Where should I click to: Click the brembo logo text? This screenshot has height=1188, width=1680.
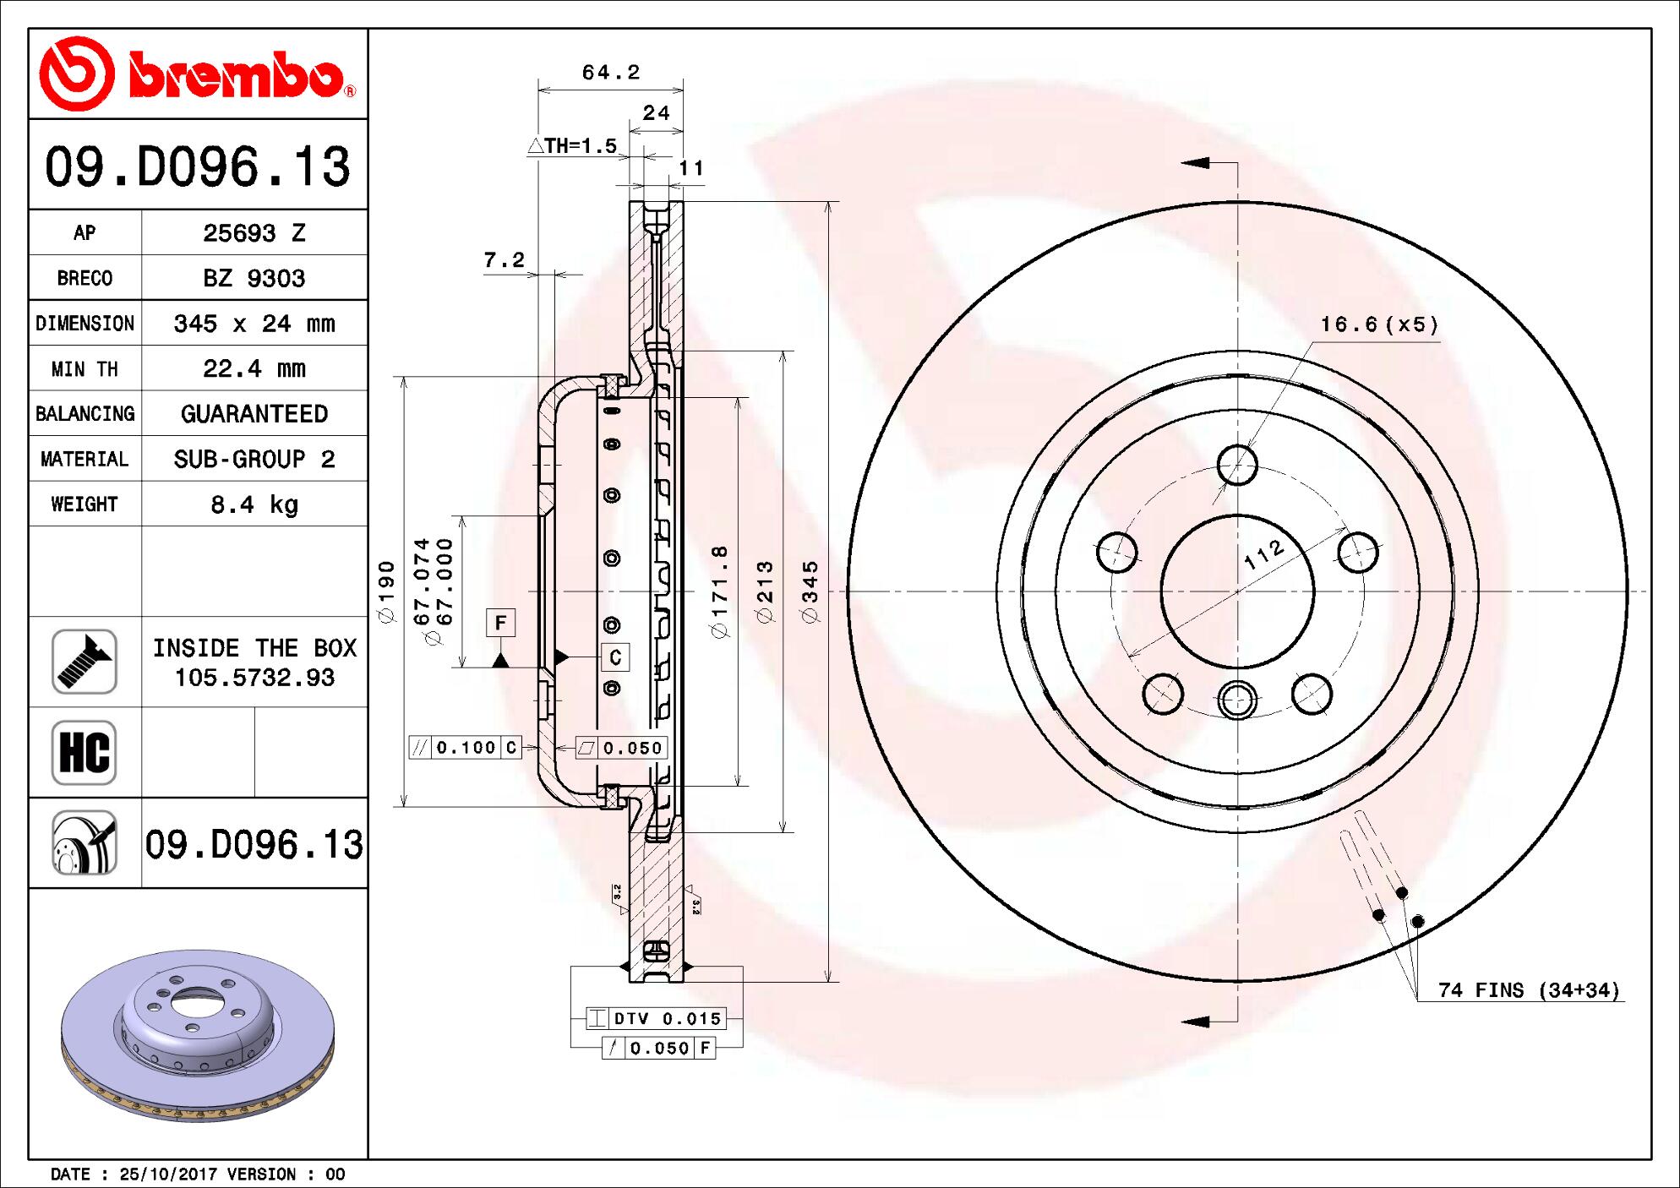pyautogui.click(x=237, y=79)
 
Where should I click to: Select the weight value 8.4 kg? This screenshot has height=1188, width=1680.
pyautogui.click(x=254, y=504)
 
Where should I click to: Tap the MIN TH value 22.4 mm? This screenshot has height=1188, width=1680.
pyautogui.click(x=254, y=368)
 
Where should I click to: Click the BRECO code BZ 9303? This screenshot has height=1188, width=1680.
pyautogui.click(x=254, y=278)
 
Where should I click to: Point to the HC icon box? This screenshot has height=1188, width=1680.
pyautogui.click(x=85, y=752)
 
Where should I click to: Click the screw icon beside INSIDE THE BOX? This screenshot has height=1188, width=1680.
pyautogui.click(x=85, y=662)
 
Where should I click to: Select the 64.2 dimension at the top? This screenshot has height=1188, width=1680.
pyautogui.click(x=610, y=73)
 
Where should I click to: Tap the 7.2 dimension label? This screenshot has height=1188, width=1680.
pyautogui.click(x=505, y=260)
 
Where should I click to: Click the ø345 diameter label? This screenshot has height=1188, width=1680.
pyautogui.click(x=810, y=591)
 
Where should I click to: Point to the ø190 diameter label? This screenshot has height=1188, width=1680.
pyautogui.click(x=387, y=591)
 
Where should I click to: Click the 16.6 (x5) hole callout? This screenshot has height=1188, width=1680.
pyautogui.click(x=1379, y=324)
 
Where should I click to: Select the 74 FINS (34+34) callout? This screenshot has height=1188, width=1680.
pyautogui.click(x=1529, y=989)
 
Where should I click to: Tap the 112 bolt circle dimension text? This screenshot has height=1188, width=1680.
pyautogui.click(x=1265, y=554)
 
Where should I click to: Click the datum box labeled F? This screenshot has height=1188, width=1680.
pyautogui.click(x=500, y=624)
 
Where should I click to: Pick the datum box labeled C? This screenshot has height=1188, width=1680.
pyautogui.click(x=615, y=657)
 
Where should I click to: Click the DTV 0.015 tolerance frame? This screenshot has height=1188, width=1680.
pyautogui.click(x=656, y=1019)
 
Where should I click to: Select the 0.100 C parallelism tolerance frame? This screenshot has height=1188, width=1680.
pyautogui.click(x=466, y=747)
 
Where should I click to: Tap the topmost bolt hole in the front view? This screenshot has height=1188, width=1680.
pyautogui.click(x=1237, y=465)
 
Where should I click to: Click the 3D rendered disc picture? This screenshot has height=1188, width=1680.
pyautogui.click(x=198, y=1035)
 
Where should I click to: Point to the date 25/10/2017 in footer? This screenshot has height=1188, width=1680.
pyautogui.click(x=168, y=1174)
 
